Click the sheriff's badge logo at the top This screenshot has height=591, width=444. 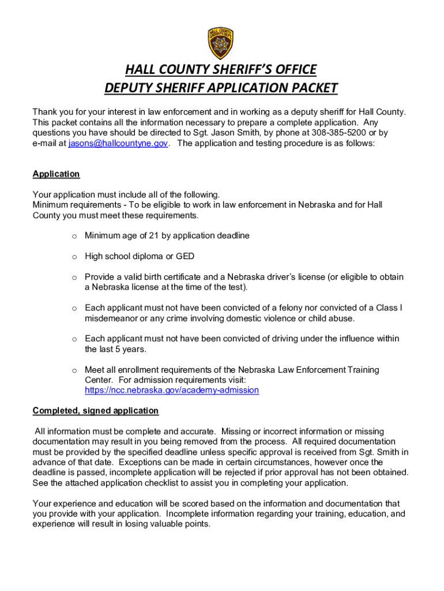[221, 43]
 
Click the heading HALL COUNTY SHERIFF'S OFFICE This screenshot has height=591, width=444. [221, 70]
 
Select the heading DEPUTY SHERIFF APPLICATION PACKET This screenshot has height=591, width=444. [221, 88]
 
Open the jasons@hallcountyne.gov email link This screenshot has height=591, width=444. [118, 143]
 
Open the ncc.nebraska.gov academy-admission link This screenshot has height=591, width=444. [172, 390]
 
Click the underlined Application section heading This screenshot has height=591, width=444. [56, 174]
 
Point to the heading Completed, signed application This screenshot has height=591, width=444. [95, 410]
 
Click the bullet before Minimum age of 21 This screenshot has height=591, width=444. [74, 236]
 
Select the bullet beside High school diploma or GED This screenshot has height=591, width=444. [74, 256]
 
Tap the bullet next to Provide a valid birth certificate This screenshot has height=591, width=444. [74, 277]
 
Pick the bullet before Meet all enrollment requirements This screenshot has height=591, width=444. [74, 369]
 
